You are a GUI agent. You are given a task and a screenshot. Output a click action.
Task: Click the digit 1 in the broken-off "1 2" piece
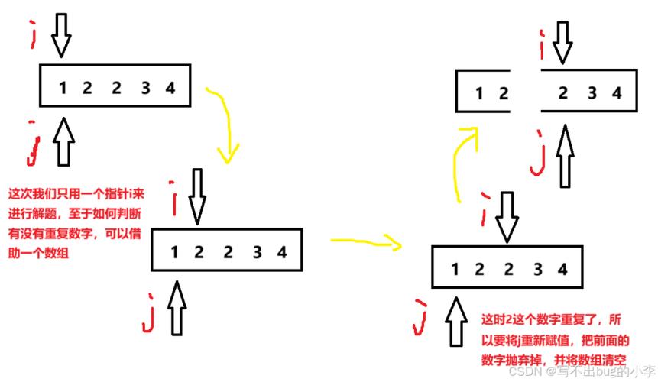click(x=479, y=94)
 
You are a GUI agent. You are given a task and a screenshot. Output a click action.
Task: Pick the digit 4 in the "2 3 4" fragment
click(x=616, y=94)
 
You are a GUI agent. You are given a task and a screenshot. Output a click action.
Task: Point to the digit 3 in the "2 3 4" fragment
click(x=591, y=94)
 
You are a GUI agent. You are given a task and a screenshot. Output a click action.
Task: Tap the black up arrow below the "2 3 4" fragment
click(x=565, y=157)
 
